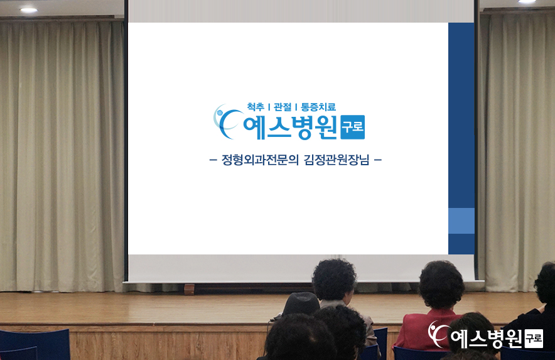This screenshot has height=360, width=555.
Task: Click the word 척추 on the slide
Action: click(x=256, y=107)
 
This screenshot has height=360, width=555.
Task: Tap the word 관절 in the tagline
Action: click(x=283, y=107)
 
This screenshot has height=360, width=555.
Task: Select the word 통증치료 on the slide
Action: click(x=318, y=107)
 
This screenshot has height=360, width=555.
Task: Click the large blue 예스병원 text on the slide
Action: click(x=290, y=127)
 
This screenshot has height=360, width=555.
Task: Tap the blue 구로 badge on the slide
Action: click(x=353, y=127)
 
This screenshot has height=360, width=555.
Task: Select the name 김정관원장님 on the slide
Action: click(x=337, y=160)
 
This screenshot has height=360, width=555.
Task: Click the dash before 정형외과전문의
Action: click(x=213, y=160)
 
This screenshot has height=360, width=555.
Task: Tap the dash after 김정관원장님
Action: click(x=378, y=160)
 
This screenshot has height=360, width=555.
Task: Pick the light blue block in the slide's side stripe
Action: click(x=461, y=221)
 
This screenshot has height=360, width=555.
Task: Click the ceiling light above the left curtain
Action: click(x=29, y=10)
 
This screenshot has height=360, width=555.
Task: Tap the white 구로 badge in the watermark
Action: click(x=534, y=339)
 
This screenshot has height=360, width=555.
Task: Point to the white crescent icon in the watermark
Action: click(x=436, y=334)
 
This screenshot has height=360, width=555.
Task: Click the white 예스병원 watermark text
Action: click(x=487, y=339)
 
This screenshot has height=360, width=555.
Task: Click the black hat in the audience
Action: click(x=301, y=303)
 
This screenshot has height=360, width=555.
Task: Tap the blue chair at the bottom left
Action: click(x=35, y=344)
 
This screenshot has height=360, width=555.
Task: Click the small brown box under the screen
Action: click(x=190, y=289)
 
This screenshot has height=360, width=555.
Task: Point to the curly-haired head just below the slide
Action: click(x=334, y=280)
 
